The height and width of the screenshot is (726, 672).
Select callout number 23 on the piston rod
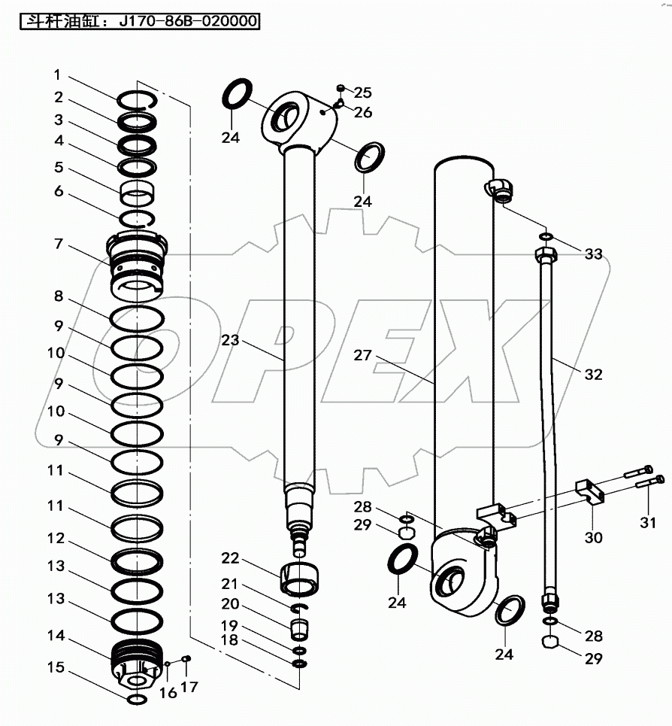230,340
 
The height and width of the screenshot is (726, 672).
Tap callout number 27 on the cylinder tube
362,355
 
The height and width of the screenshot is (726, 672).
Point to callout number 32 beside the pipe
593,374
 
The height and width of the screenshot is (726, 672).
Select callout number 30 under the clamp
594,537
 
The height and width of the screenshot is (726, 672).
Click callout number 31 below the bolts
648,522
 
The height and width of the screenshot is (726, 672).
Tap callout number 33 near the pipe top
594,254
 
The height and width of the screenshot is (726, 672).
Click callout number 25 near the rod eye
362,93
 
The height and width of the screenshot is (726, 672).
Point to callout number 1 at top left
56,75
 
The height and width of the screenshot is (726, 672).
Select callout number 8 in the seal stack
59,296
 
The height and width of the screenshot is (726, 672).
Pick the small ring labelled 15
138,700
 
